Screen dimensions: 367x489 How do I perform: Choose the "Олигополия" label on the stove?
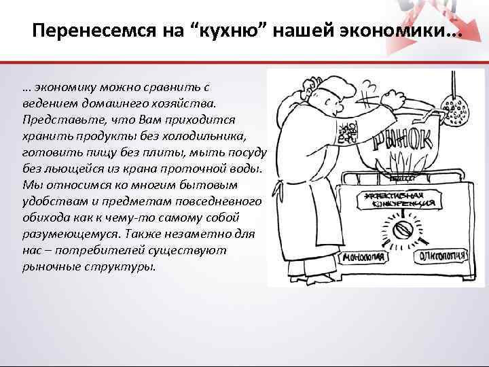pyautogui.click(x=443, y=256)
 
